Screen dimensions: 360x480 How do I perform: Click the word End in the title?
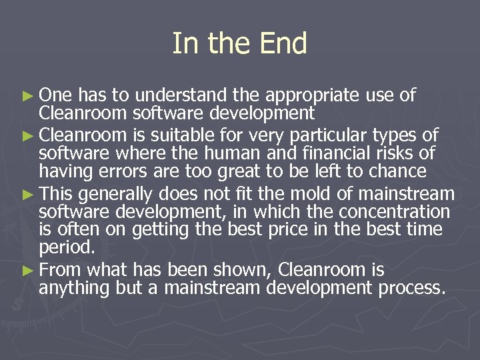tap(283, 44)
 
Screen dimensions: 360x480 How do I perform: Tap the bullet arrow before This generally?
tap(27, 195)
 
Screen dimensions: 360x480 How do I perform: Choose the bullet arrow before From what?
tap(27, 271)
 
